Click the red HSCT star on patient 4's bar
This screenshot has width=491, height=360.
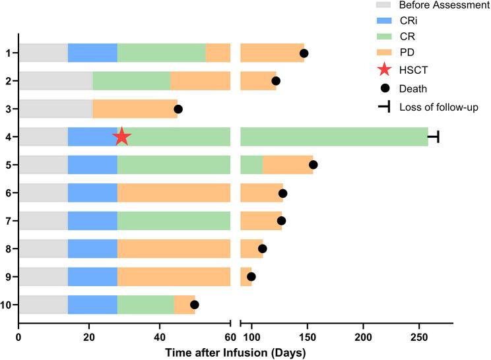(121, 136)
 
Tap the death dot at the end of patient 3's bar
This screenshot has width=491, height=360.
(178, 109)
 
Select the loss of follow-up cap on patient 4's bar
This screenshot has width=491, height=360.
(434, 136)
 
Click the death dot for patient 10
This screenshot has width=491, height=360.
(195, 305)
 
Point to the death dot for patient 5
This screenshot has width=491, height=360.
(313, 165)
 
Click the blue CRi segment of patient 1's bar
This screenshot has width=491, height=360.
(92, 53)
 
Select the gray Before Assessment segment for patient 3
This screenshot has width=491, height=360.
(55, 109)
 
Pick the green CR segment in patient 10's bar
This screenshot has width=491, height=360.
(146, 305)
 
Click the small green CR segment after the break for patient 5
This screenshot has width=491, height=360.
(251, 165)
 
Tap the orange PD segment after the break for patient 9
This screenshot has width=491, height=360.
(245, 277)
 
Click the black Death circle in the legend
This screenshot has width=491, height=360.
(384, 88)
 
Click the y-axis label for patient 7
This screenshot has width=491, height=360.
(7, 221)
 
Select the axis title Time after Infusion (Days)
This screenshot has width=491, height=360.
(235, 353)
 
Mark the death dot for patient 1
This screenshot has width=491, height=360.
(304, 53)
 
